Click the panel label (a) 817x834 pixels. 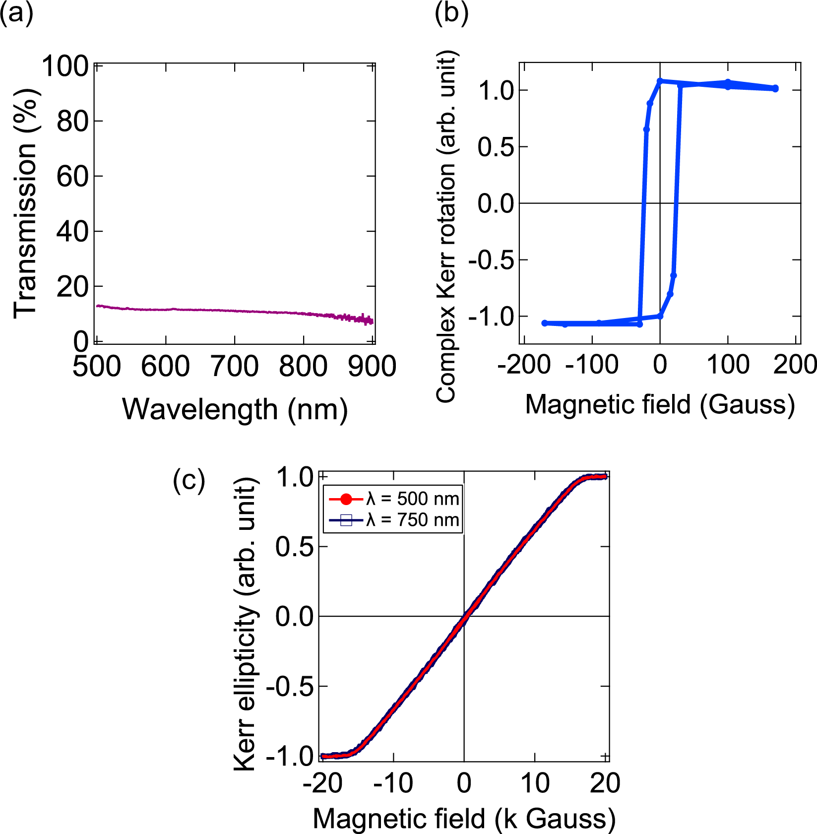pyautogui.click(x=16, y=13)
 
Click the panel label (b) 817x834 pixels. pyautogui.click(x=451, y=13)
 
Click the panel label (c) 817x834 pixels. pyautogui.click(x=189, y=481)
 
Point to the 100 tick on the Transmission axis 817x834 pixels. pyautogui.click(x=65, y=66)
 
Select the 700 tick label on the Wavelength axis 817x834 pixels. pyautogui.click(x=234, y=368)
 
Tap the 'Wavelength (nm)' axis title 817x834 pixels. pyautogui.click(x=235, y=410)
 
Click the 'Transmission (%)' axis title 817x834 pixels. pyautogui.click(x=26, y=203)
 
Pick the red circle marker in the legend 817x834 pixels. pyautogui.click(x=346, y=499)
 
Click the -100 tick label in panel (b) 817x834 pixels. pyautogui.click(x=591, y=365)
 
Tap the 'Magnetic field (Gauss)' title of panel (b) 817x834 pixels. pyautogui.click(x=660, y=405)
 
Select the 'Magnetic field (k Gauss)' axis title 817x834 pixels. pyautogui.click(x=464, y=819)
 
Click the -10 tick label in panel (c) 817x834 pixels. pyautogui.click(x=393, y=783)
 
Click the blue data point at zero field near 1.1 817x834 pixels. pyautogui.click(x=660, y=80)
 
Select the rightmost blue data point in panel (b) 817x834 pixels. pyautogui.click(x=775, y=88)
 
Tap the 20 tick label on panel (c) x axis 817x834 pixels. pyautogui.click(x=605, y=783)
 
